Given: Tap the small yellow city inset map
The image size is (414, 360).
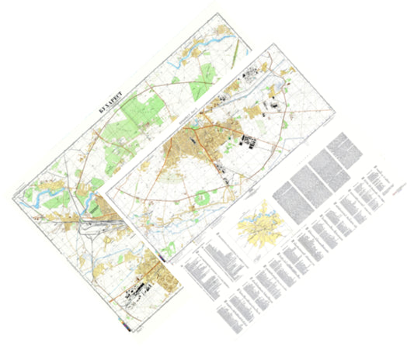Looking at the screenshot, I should pos(259,225).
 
